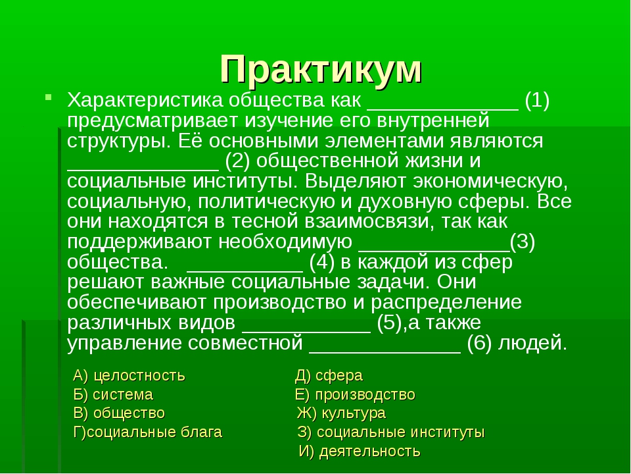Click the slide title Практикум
pyautogui.click(x=321, y=69)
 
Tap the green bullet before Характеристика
pyautogui.click(x=48, y=97)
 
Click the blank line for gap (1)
pyautogui.click(x=443, y=109)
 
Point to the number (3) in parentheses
pyautogui.click(x=523, y=242)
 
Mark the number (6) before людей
pyautogui.click(x=480, y=343)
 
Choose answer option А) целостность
pyautogui.click(x=129, y=376)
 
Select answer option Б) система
pyautogui.click(x=113, y=394)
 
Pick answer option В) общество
pyautogui.click(x=119, y=413)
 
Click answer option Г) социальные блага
pyautogui.click(x=148, y=432)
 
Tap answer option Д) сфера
pyautogui.click(x=329, y=376)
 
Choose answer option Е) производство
pyautogui.click(x=355, y=394)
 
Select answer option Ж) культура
pyautogui.click(x=341, y=413)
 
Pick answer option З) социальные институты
pyautogui.click(x=391, y=432)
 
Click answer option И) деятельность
pyautogui.click(x=360, y=451)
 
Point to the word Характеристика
pyautogui.click(x=145, y=100)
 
